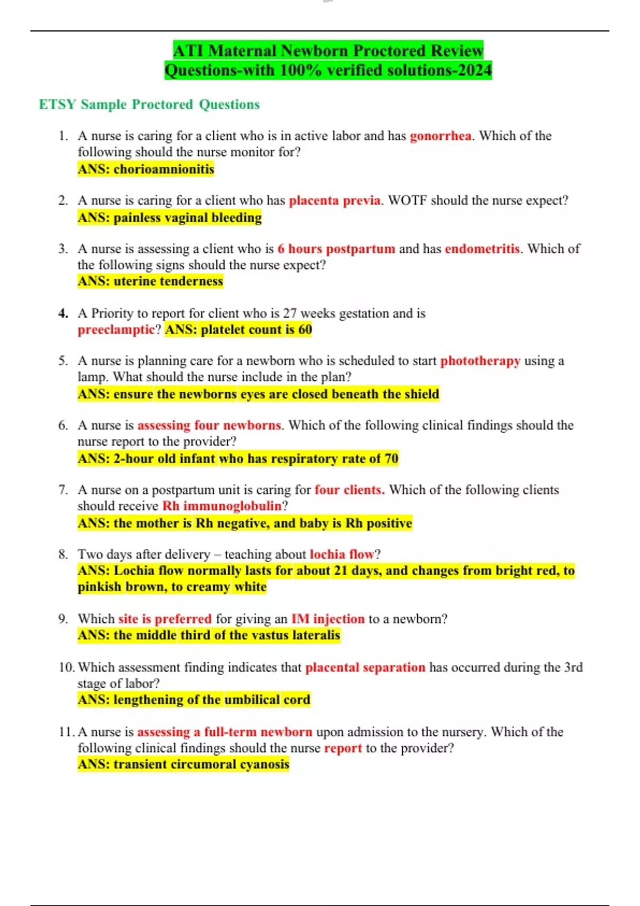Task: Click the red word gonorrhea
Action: tap(440, 136)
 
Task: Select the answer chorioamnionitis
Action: tap(164, 169)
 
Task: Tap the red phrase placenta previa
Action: tap(334, 200)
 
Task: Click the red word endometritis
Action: tap(482, 249)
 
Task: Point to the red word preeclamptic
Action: tap(116, 330)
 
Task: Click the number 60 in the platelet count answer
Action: tap(305, 330)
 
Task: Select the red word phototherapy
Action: tap(480, 361)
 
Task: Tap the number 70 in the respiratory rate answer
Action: tap(391, 459)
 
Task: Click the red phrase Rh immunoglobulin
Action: tap(222, 506)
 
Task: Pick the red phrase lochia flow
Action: tap(342, 554)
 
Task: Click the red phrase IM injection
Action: tap(327, 619)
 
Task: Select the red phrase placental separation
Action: tap(365, 667)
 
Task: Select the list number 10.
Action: tap(67, 667)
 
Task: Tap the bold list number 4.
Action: tap(63, 313)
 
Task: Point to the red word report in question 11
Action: tap(343, 748)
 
